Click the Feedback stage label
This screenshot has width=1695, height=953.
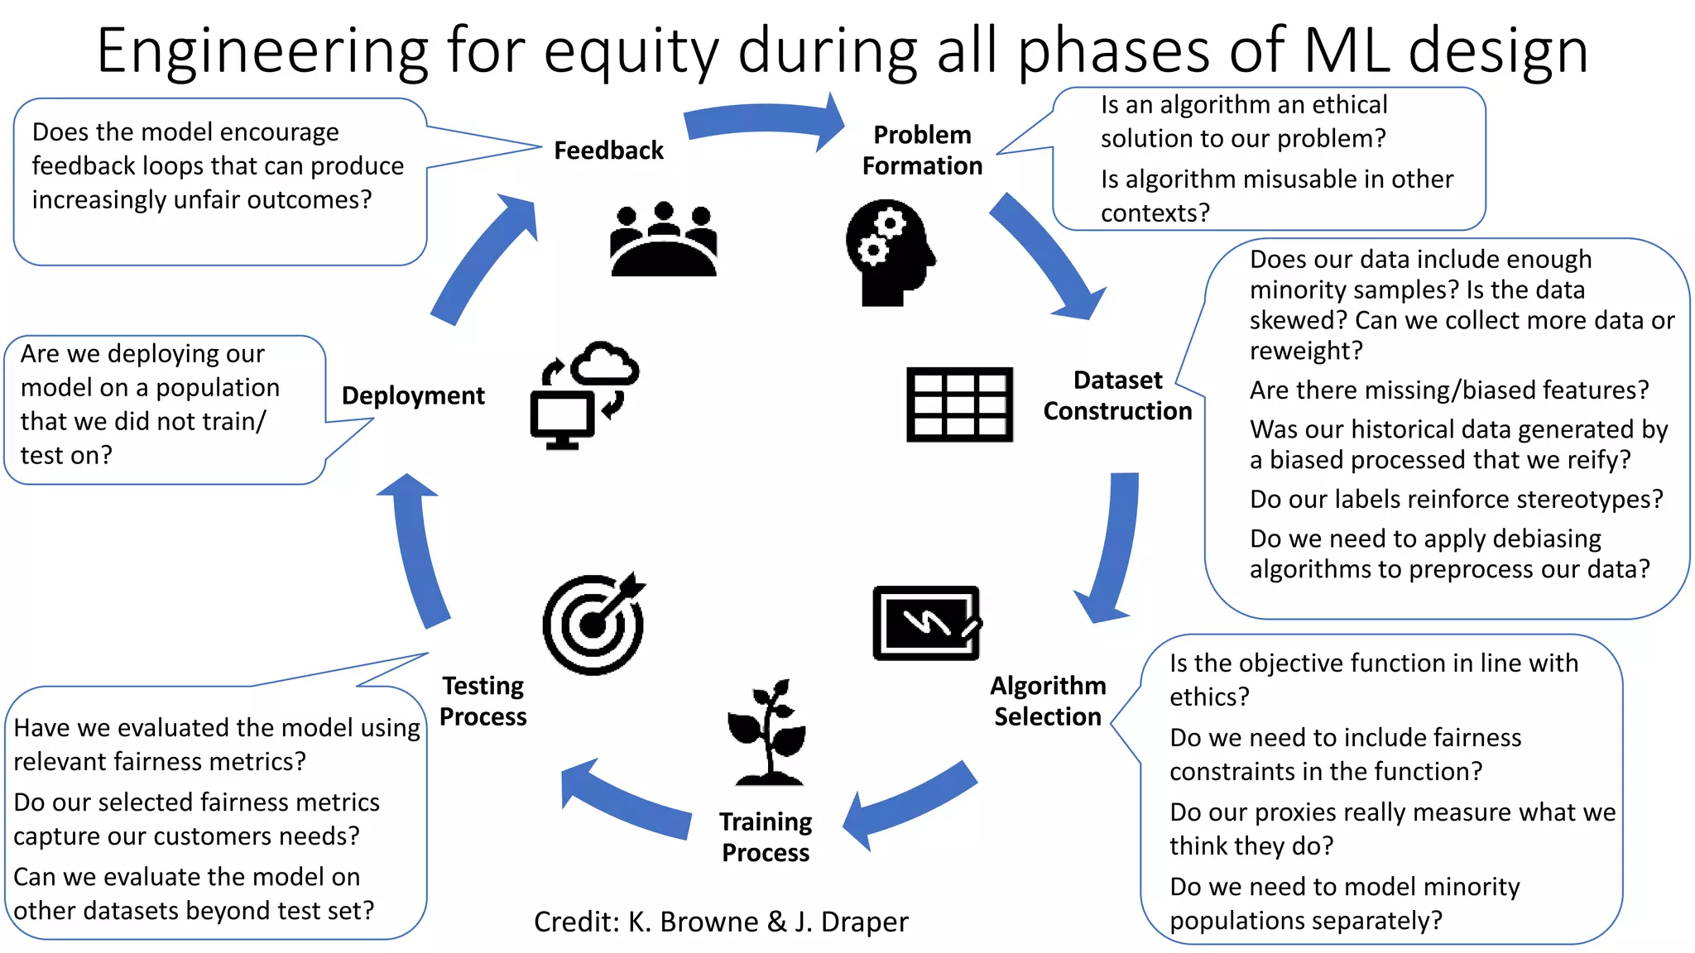[608, 151]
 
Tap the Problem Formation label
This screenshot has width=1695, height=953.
[922, 151]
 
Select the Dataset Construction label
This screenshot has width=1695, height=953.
[1117, 395]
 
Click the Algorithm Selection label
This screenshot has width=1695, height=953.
[1048, 701]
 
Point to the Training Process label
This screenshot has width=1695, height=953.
[766, 836]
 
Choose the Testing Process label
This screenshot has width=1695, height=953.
[483, 701]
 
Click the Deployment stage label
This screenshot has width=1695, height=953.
[413, 395]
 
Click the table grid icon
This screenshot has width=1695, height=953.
[959, 405]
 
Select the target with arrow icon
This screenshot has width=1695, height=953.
[594, 624]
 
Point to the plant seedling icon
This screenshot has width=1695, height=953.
[767, 733]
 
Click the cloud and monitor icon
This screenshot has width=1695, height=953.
[583, 395]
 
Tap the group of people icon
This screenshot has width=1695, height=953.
[663, 239]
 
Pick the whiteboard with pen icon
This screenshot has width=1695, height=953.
[927, 623]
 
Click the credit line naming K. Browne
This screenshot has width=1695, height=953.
[720, 922]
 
